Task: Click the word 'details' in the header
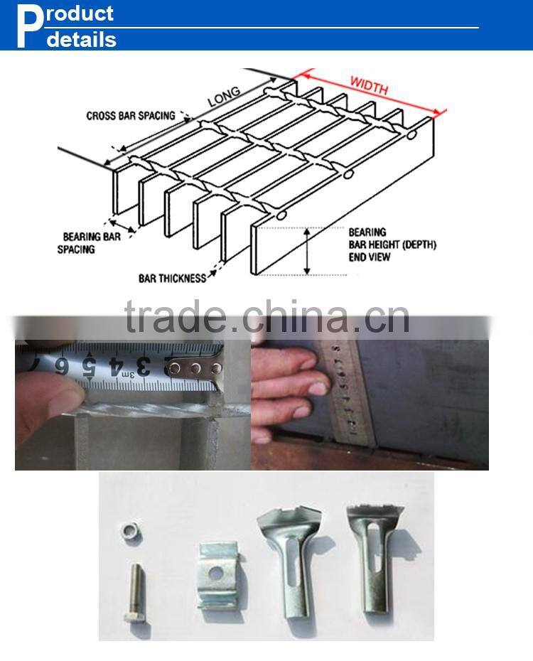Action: [x=81, y=40]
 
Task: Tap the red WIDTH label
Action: [x=369, y=85]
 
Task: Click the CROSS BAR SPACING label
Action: [x=130, y=115]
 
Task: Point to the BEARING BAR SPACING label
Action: [x=92, y=242]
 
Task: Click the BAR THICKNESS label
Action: [x=171, y=278]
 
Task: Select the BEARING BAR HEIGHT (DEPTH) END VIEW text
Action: [x=392, y=244]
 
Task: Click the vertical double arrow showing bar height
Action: [x=307, y=251]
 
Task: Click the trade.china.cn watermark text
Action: [x=266, y=318]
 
